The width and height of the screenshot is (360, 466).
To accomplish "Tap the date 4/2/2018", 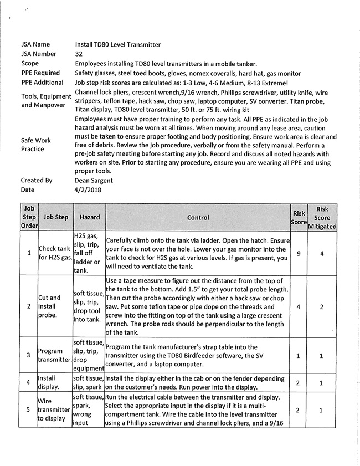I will (88, 190).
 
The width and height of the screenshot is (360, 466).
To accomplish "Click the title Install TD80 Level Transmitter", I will (118, 44).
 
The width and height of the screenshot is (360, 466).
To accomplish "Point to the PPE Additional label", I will (43, 83).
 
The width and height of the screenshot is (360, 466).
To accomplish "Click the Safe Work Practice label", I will (36, 145).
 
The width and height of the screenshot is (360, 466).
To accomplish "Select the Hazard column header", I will (86, 218).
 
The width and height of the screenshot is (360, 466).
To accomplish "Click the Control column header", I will (198, 218).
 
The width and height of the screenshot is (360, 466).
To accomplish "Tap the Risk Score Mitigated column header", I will (322, 218).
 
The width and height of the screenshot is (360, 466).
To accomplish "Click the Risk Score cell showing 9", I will (299, 253).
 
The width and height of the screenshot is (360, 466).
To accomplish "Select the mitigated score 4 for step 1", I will (322, 253).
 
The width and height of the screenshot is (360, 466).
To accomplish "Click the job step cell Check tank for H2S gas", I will (55, 253).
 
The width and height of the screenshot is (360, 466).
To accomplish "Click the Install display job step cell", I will (49, 382).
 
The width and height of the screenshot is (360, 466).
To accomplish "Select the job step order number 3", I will (29, 355).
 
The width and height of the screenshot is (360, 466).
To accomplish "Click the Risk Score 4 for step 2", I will (299, 306).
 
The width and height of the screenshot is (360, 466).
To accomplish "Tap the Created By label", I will (37, 180).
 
